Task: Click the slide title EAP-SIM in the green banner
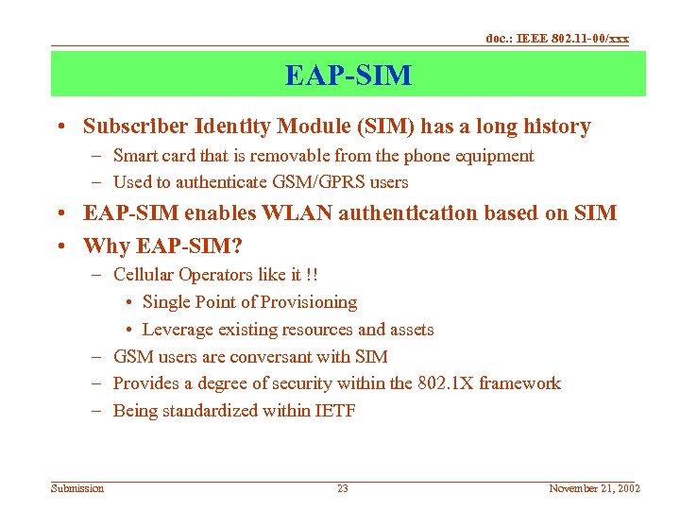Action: [348, 75]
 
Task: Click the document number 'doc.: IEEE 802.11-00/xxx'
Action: [556, 38]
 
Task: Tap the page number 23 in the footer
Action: [343, 488]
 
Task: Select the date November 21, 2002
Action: [594, 488]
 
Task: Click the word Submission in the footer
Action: [77, 488]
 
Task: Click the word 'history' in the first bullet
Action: [555, 127]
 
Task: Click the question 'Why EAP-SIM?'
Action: [162, 246]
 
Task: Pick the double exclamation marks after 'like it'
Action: [311, 275]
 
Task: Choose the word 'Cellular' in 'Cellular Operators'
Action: [144, 275]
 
